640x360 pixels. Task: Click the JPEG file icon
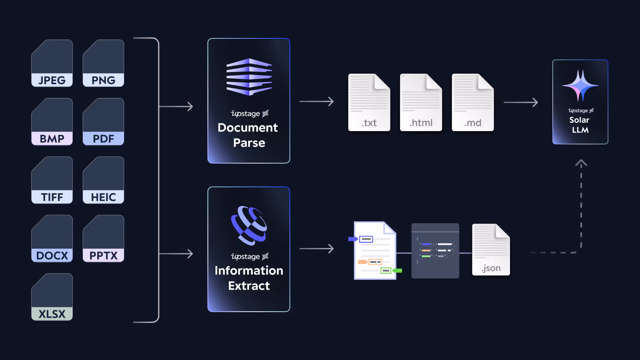pyautogui.click(x=52, y=63)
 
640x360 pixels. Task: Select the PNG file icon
pyautogui.click(x=103, y=63)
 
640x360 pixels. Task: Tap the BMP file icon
pyautogui.click(x=52, y=122)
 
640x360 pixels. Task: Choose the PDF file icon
pyautogui.click(x=103, y=122)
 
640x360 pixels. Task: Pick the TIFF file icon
pyautogui.click(x=52, y=180)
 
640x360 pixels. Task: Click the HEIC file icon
pyautogui.click(x=103, y=180)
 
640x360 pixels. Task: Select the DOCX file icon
pyautogui.click(x=52, y=238)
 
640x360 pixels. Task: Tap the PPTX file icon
pyautogui.click(x=103, y=238)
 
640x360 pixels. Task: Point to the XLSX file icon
pyautogui.click(x=52, y=297)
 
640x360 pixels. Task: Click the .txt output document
pyautogui.click(x=369, y=102)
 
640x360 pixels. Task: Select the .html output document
pyautogui.click(x=421, y=102)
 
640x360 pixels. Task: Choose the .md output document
pyautogui.click(x=472, y=102)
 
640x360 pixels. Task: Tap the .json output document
pyautogui.click(x=491, y=250)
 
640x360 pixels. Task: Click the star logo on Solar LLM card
pyautogui.click(x=580, y=85)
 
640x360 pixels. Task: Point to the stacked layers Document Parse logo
pyautogui.click(x=249, y=77)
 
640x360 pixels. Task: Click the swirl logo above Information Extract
pyautogui.click(x=249, y=226)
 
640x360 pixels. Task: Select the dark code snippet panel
pyautogui.click(x=435, y=251)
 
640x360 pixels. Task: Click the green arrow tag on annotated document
pyautogui.click(x=397, y=271)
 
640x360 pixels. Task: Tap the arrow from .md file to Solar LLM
pyautogui.click(x=520, y=102)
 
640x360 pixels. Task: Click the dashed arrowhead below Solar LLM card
pyautogui.click(x=581, y=163)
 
